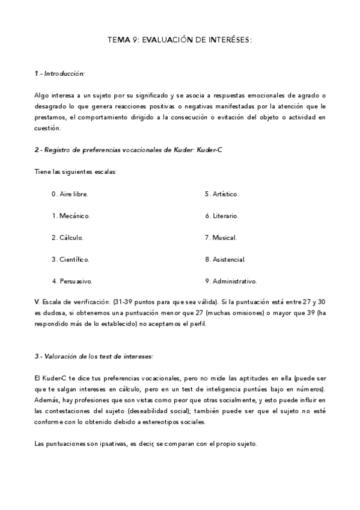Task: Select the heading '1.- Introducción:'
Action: [59, 73]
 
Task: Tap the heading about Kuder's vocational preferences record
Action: [129, 150]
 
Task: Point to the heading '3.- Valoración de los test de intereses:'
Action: [94, 356]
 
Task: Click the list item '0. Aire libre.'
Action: [70, 194]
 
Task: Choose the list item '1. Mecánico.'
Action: [71, 215]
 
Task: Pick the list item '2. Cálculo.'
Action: [67, 237]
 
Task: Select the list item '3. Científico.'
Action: [71, 259]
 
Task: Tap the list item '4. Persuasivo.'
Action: [72, 281]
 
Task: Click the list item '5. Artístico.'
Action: [222, 194]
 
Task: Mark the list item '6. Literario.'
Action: [222, 215]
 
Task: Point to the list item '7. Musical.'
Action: [221, 237]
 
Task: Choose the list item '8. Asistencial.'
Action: [225, 259]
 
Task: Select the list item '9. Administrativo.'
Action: [231, 281]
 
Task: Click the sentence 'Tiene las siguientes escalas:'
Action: [76, 172]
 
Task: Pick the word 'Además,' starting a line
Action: [47, 400]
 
